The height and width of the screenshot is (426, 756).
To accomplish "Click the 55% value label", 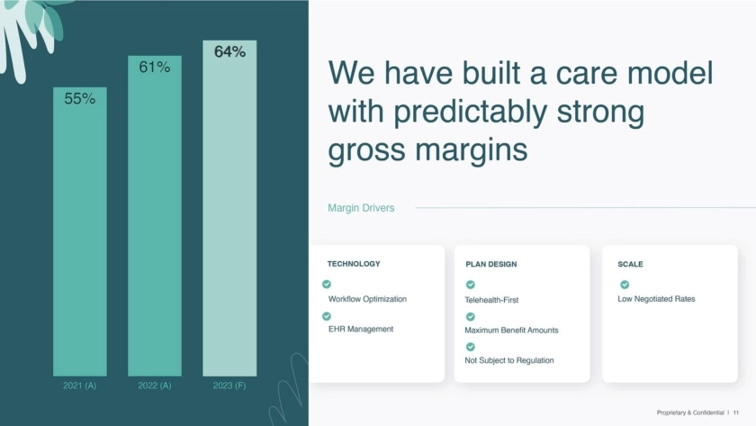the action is point(80,98).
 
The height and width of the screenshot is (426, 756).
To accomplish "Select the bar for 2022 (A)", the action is point(155,215).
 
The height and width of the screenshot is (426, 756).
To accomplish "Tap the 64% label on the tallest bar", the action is point(230,51).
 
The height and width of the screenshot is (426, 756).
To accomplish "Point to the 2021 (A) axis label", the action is point(79,385).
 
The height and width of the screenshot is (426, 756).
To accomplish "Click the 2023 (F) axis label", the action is point(229,385).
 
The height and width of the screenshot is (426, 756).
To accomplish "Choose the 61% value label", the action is point(155,67).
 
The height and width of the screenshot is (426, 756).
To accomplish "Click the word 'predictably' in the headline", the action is point(471,113).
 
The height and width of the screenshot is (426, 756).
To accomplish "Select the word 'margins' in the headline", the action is point(471,150).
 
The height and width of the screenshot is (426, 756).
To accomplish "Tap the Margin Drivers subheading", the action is point(361,208).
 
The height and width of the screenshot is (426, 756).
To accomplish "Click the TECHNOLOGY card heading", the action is point(354,264).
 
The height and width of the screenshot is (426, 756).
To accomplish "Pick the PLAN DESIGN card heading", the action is point(491,265).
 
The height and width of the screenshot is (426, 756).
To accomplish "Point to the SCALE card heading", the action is point(630,265).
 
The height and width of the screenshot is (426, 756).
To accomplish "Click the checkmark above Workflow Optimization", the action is point(327,285).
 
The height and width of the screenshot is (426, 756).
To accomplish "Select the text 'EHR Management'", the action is point(361,329).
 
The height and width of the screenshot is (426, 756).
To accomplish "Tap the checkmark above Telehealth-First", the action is point(471,285).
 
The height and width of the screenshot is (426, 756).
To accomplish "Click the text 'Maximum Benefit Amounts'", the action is point(511,330).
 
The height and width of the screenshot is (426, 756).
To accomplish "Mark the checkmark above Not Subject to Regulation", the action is point(471,347).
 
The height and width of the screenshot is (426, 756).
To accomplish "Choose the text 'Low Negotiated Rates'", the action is point(656,299).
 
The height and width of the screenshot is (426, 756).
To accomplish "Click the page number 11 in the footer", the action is point(736,413).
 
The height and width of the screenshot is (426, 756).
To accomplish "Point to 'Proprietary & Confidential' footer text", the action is point(690,413).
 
